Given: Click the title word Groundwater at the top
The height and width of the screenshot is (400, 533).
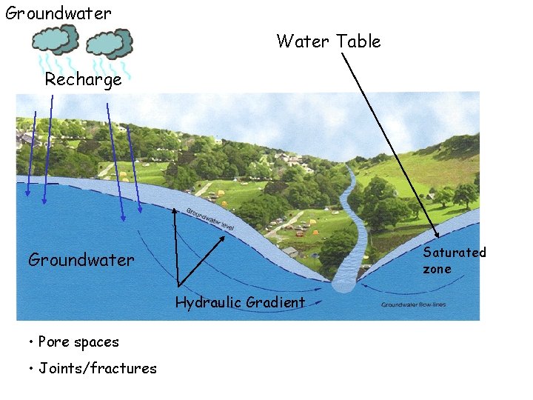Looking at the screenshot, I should click(58, 13).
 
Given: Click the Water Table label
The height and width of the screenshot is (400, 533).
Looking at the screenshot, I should click(329, 41).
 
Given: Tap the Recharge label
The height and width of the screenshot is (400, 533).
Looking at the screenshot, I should click(83, 80).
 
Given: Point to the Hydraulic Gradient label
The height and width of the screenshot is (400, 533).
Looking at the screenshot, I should click(240, 302).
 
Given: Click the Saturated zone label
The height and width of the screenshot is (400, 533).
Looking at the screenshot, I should click(454, 260).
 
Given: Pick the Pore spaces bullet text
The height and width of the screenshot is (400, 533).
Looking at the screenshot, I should click(78, 342).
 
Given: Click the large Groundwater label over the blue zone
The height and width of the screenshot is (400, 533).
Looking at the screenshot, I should click(81, 260).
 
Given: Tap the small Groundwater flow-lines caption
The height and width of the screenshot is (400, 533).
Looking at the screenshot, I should click(414, 304).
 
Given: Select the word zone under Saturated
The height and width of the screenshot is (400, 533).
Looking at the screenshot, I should click(437, 269).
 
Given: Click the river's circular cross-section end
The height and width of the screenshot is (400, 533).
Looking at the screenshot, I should click(344, 283).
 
